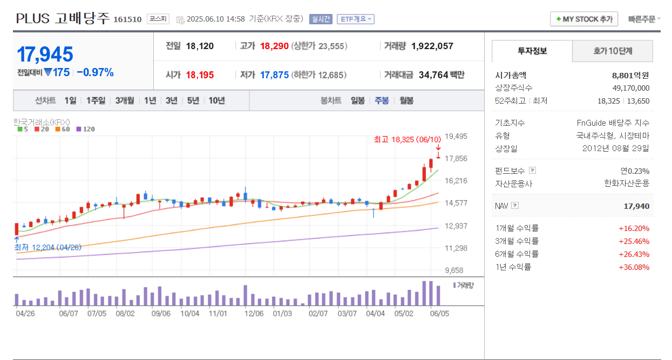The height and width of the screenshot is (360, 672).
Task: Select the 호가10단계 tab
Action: pos(613,51)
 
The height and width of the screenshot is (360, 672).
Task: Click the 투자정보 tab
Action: pos(532,51)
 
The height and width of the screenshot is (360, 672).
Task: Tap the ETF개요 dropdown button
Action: pos(356,19)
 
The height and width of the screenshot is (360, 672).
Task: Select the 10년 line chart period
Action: pos(216,100)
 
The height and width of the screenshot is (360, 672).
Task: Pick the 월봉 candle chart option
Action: pos(406,100)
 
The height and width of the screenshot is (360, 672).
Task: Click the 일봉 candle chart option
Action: pos(357,100)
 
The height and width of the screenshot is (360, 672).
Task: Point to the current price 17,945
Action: pos(45,55)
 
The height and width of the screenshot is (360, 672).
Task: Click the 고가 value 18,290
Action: pos(274,46)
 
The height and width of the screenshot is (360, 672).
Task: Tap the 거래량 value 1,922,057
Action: pos(432,46)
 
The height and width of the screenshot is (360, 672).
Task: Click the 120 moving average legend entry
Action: pos(86,129)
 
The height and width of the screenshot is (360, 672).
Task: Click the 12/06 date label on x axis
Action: pos(254,313)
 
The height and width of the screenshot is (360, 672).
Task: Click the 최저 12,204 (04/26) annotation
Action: pos(47,247)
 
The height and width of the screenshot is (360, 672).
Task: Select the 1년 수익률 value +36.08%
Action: pos(634,267)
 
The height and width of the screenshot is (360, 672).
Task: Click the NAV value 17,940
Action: pos(636,206)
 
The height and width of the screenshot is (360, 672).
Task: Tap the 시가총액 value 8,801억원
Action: pos(630,76)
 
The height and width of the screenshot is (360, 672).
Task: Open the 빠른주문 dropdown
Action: pos(644,19)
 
